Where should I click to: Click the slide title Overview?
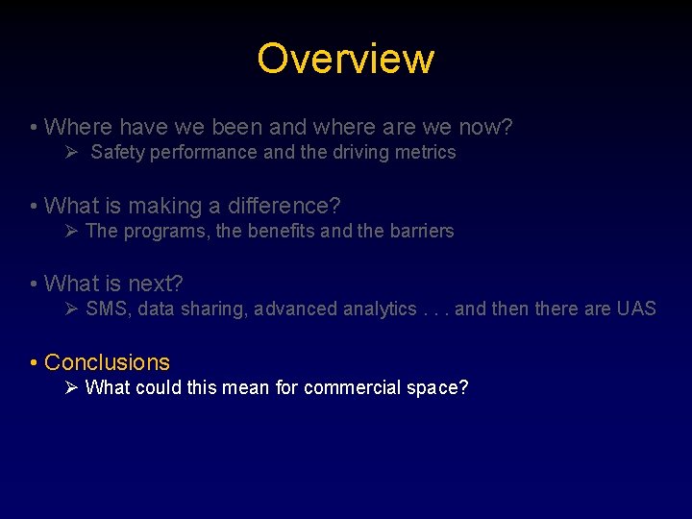[x=345, y=59]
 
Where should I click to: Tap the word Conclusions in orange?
[x=107, y=362]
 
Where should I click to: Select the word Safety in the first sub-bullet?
[x=115, y=152]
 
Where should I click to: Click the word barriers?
[x=420, y=231]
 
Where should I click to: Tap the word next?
[x=155, y=284]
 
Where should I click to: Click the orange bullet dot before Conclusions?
[x=34, y=363]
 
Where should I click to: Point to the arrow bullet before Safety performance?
[x=72, y=152]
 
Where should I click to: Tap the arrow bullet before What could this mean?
[x=72, y=387]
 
